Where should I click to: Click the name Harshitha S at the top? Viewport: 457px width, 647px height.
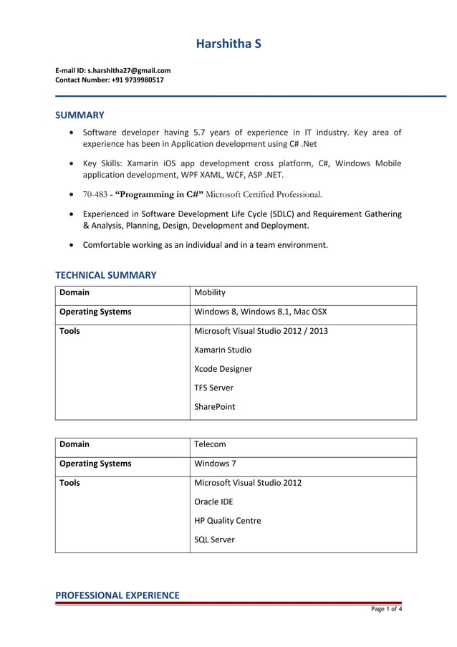tap(228, 44)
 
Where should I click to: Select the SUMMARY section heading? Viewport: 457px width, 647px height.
tap(80, 115)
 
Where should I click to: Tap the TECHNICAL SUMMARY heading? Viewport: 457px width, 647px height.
tap(105, 275)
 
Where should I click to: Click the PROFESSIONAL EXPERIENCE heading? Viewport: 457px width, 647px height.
tap(117, 595)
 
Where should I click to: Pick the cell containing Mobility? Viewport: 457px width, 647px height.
tap(210, 293)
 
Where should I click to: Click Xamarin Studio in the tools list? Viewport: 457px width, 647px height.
tap(223, 350)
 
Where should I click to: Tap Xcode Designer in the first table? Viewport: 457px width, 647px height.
tap(223, 369)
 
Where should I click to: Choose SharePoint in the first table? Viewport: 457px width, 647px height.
tap(214, 407)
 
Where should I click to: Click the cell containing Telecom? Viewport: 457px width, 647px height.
tap(210, 444)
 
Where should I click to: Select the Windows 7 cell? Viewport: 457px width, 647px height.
tap(213, 464)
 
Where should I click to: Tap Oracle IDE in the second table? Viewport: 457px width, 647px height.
tap(213, 502)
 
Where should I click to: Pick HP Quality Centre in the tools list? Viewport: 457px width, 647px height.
tap(227, 521)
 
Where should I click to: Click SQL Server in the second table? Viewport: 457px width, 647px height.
tap(214, 540)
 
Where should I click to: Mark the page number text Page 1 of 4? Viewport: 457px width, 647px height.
tap(385, 610)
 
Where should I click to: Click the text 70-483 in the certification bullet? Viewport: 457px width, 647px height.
tap(95, 194)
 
